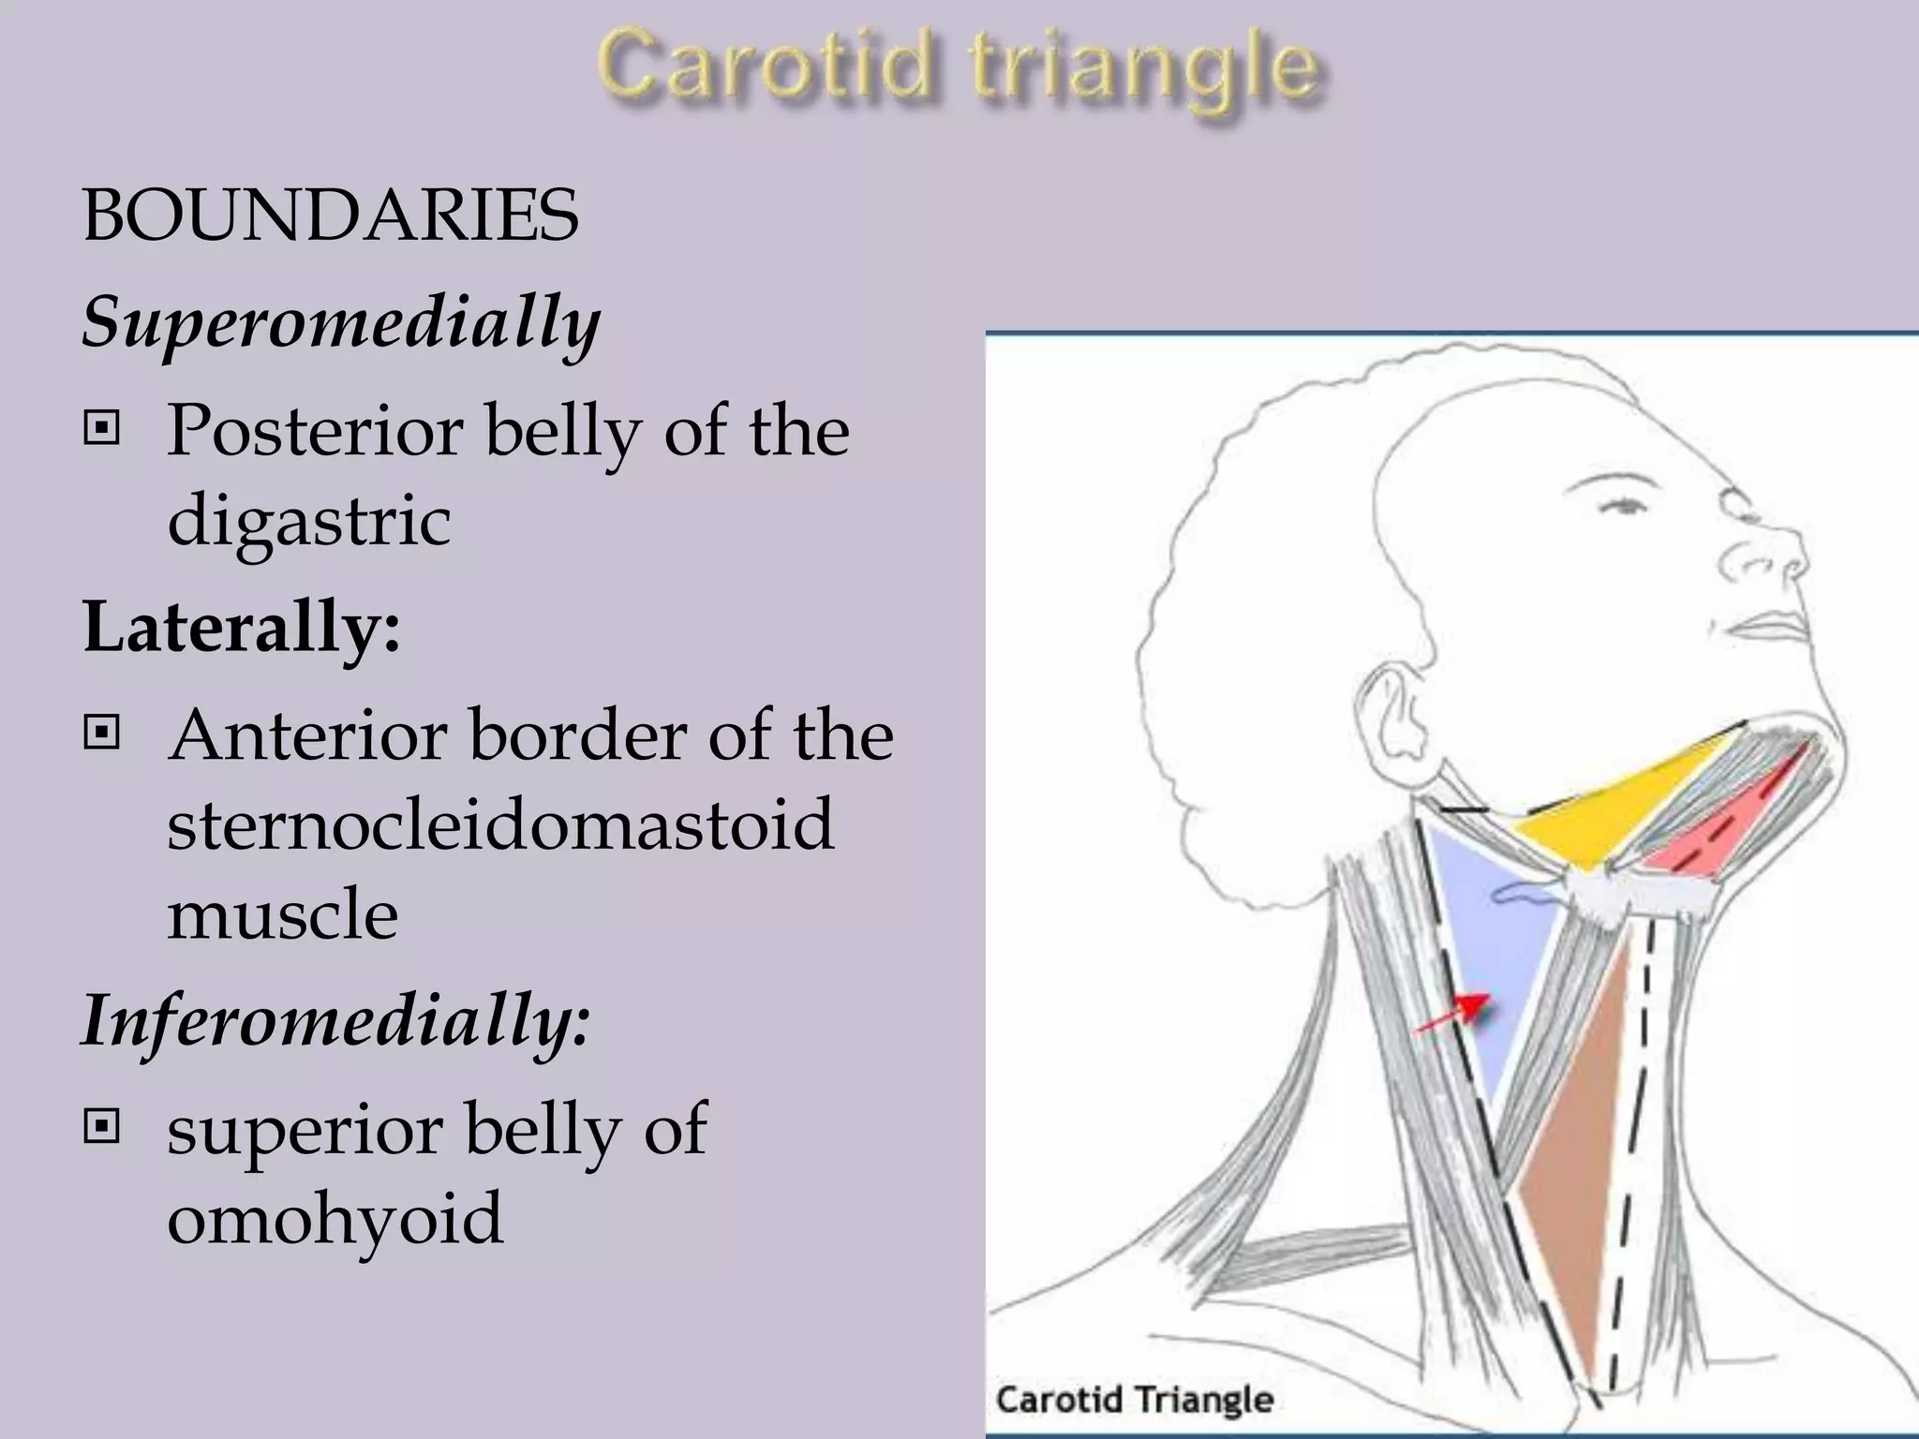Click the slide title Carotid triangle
(959, 67)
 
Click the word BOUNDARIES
(331, 215)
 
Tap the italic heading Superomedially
(341, 321)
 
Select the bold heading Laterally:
(242, 626)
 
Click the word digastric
(309, 520)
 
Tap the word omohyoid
(335, 1218)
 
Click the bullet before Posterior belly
(101, 430)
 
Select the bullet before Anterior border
(101, 733)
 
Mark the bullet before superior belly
(101, 1126)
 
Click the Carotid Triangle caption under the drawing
(1134, 1400)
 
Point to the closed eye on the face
(1626, 507)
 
